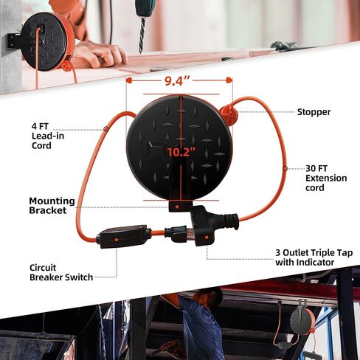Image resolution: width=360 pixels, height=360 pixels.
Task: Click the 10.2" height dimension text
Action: point(181,152)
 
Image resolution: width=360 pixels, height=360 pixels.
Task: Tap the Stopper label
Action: point(314,112)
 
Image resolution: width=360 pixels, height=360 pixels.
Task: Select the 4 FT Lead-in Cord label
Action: point(48,136)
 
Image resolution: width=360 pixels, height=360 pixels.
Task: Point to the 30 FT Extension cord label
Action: point(326,178)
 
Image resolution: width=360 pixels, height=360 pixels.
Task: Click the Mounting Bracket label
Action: point(52,206)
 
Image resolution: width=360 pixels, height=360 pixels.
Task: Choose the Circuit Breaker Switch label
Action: point(61,272)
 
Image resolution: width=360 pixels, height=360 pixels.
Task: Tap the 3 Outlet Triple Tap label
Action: point(314,257)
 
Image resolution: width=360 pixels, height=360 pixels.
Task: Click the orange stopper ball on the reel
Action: point(229,114)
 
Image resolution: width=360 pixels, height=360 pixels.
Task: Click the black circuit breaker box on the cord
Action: point(123,236)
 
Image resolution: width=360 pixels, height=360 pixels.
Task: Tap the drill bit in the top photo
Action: point(142,35)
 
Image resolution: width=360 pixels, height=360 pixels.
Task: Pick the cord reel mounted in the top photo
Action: point(46,41)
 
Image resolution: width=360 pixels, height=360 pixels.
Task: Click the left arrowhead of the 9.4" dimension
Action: point(129,80)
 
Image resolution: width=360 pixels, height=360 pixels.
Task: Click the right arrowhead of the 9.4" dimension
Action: point(229,80)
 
